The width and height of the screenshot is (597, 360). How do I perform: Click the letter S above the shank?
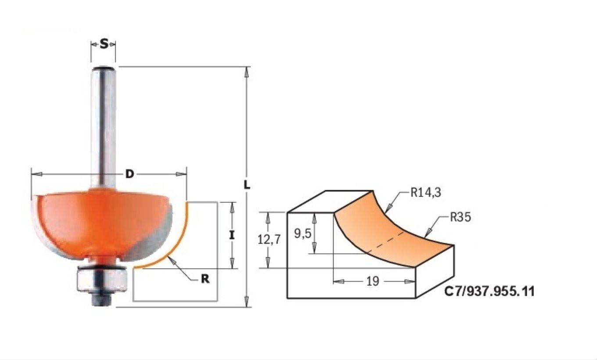[x=104, y=44]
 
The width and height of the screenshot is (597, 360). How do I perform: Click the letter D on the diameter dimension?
[x=129, y=174]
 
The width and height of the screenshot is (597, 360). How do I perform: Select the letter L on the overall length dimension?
[x=247, y=185]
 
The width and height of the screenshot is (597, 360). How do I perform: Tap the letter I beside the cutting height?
[x=232, y=235]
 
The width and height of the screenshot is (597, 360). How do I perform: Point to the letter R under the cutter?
[x=204, y=279]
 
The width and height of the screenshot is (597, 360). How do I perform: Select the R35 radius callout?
[x=460, y=217]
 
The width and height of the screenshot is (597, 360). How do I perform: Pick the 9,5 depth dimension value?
[x=302, y=234]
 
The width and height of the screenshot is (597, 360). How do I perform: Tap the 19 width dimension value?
[x=372, y=281]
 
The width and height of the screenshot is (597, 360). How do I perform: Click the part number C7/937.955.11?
[x=489, y=292]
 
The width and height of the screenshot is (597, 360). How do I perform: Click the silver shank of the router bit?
[x=104, y=127]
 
